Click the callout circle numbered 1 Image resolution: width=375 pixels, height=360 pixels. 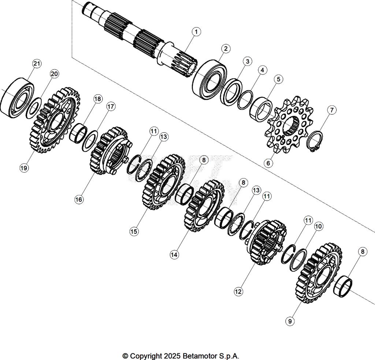[196, 32]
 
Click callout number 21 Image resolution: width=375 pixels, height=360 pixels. [36, 63]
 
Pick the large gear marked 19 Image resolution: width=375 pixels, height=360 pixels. [55, 121]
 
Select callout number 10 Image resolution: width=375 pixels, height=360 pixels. [318, 226]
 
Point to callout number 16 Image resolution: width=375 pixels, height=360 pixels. [79, 199]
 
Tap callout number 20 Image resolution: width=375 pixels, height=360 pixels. [54, 74]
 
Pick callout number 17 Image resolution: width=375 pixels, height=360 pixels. [111, 107]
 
